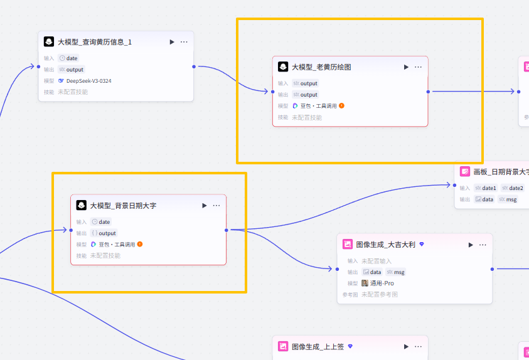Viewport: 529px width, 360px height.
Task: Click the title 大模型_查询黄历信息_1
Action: (x=95, y=42)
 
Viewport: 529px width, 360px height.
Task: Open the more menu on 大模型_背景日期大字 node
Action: (x=216, y=206)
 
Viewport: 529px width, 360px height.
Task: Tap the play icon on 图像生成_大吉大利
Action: (x=471, y=245)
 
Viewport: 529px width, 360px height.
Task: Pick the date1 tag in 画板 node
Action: (x=486, y=188)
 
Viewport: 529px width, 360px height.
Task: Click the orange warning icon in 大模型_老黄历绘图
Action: (x=342, y=106)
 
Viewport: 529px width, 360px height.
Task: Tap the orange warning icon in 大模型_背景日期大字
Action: (x=140, y=244)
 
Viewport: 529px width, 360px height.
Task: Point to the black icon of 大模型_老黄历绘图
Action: (x=283, y=67)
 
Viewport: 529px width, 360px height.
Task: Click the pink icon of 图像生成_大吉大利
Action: (x=348, y=245)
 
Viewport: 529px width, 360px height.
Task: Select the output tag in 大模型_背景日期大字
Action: (x=104, y=233)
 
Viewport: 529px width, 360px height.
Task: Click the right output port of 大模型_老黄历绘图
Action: (x=428, y=92)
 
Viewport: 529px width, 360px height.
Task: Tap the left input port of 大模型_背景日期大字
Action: (x=71, y=230)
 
